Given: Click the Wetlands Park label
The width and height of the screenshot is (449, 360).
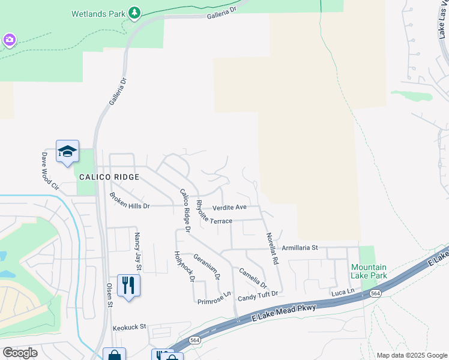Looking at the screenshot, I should click(x=99, y=13).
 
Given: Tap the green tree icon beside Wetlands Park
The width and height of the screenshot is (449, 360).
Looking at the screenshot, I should click(x=135, y=12).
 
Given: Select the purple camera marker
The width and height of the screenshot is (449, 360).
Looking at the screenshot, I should click(x=8, y=40).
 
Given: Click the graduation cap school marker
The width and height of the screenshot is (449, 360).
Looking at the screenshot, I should click(x=67, y=152).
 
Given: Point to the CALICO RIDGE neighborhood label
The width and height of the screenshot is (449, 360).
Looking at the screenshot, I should click(x=109, y=178).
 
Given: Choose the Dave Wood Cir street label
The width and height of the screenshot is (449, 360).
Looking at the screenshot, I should click(x=50, y=171).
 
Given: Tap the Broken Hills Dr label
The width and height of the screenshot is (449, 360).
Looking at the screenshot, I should click(x=129, y=201).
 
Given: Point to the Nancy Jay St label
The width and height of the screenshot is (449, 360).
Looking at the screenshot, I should click(x=137, y=251).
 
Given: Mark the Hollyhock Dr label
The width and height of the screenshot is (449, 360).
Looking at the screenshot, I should click(x=184, y=266).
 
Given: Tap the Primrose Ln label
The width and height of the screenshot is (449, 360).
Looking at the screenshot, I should click(x=214, y=298).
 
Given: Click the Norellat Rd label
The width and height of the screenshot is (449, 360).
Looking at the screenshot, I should click(x=273, y=245).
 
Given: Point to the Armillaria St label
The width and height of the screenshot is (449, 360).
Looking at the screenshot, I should click(x=300, y=247).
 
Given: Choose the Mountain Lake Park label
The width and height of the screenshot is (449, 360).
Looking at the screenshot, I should click(x=368, y=271).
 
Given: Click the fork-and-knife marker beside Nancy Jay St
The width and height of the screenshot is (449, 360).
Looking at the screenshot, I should click(x=128, y=285).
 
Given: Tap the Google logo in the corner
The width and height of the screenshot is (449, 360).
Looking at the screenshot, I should click(x=20, y=352).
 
